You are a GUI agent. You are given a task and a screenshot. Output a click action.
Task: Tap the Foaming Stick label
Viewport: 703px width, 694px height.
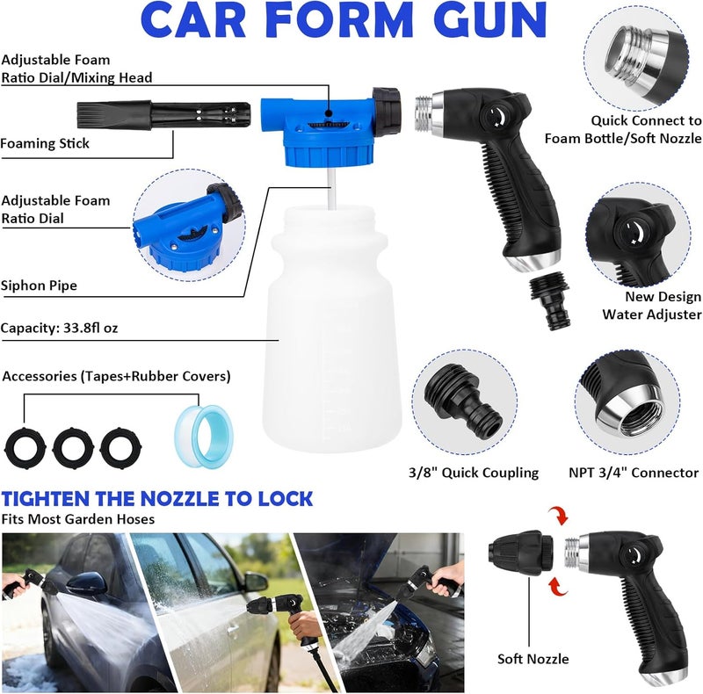pos(45,143)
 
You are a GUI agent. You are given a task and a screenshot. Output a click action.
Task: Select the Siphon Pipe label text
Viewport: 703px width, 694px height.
pos(39,286)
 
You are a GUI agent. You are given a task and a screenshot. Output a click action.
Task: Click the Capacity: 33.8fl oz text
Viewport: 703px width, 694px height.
pos(59,328)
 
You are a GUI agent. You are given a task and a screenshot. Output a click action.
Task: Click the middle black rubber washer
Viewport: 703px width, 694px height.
pos(73,448)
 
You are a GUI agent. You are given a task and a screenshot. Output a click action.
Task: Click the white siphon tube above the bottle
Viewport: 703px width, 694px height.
pos(332,187)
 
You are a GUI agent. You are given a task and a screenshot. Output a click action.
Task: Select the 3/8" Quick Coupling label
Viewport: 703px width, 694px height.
pos(474,473)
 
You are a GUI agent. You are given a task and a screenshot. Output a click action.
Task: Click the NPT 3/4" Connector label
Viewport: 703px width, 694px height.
pos(634,473)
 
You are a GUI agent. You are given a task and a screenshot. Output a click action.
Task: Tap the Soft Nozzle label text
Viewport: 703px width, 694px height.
pos(533,659)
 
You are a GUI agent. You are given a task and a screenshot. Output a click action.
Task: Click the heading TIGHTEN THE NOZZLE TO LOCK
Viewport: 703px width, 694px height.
pos(157,499)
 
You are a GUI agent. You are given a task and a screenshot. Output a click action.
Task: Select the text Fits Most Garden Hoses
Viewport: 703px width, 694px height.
pos(77,519)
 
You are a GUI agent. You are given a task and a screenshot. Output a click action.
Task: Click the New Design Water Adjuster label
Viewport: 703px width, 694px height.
pos(652,306)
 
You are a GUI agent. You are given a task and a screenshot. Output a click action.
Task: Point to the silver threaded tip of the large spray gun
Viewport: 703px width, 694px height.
pos(424,113)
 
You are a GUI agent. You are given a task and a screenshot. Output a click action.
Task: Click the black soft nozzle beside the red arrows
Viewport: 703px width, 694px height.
pos(520,553)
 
